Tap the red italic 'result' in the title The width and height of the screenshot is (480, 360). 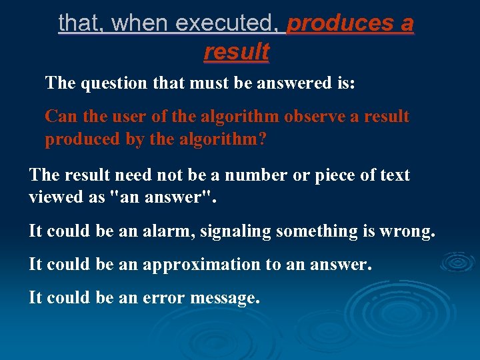[237, 51]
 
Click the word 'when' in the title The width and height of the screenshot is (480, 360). [140, 24]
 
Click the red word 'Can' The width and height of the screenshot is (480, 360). [57, 117]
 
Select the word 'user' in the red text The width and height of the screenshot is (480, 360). [126, 117]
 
